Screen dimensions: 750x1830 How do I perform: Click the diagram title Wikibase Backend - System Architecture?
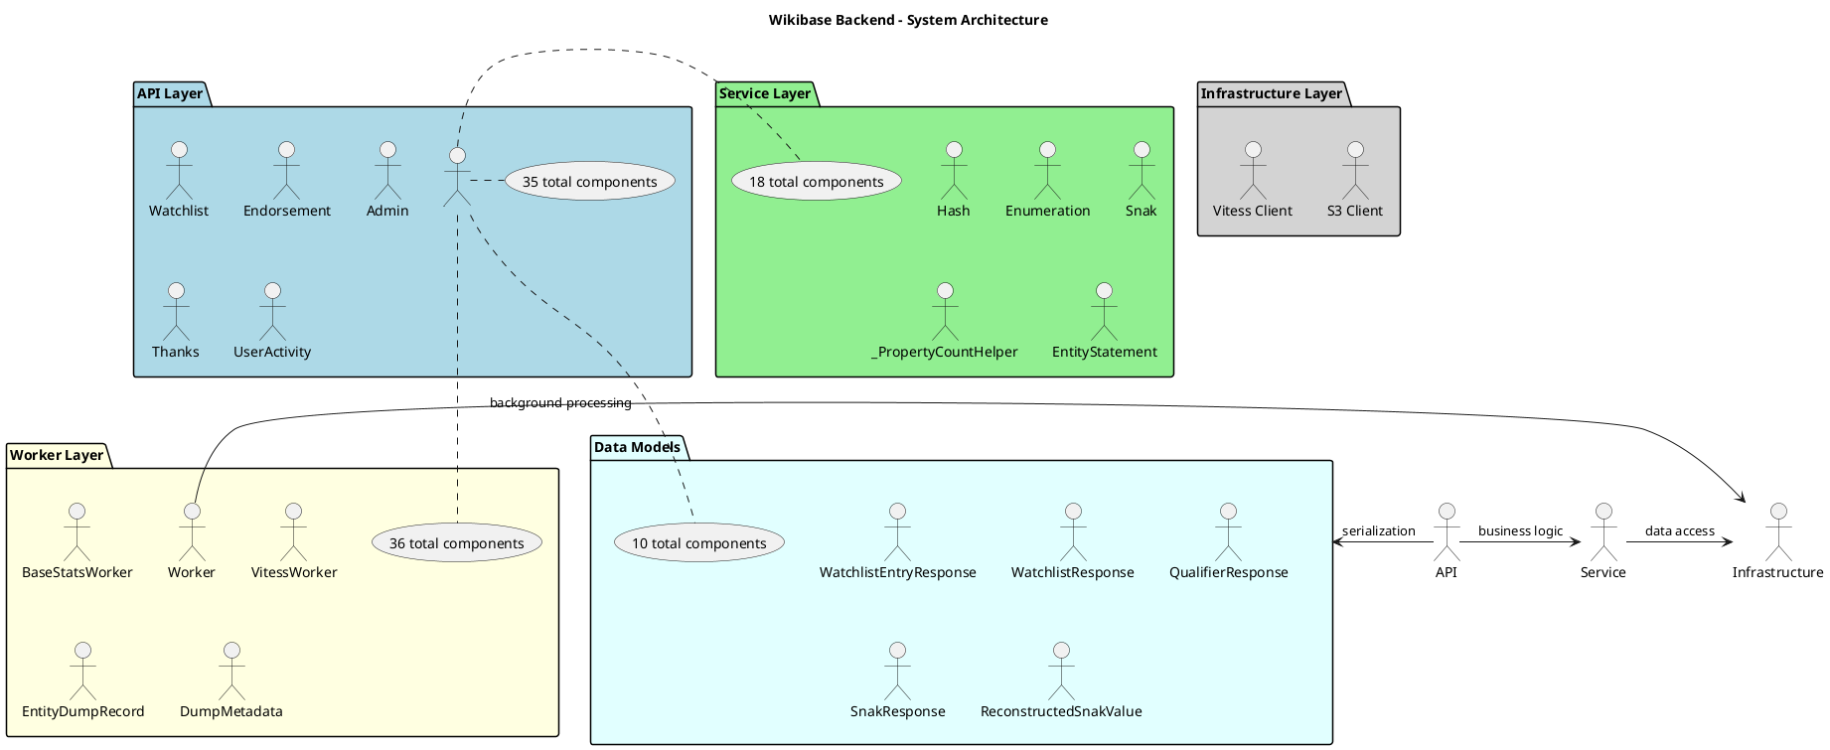[x=908, y=20]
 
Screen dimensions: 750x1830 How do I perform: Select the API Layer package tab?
[x=170, y=94]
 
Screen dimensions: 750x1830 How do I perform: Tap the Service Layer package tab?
[x=765, y=94]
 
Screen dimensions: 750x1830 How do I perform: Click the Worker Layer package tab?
[x=57, y=456]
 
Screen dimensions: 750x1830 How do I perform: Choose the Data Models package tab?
[x=637, y=448]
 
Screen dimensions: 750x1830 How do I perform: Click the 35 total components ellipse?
[x=590, y=182]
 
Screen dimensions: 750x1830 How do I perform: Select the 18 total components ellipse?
[x=817, y=182]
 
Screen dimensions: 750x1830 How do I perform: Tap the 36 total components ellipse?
[x=457, y=543]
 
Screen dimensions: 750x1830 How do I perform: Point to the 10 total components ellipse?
[x=699, y=543]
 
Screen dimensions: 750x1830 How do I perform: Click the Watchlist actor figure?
[x=179, y=170]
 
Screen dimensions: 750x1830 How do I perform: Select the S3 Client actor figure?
[x=1355, y=170]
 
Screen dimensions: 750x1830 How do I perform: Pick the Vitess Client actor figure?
[x=1253, y=170]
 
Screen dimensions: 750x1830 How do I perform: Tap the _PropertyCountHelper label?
[x=945, y=352]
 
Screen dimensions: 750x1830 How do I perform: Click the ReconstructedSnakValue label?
[x=1061, y=711]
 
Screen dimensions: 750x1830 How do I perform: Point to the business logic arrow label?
[x=1520, y=531]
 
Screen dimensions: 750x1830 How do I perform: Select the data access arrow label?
[x=1679, y=531]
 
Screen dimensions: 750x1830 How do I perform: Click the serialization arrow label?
[x=1378, y=531]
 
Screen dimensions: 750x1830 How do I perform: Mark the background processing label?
[x=560, y=403]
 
